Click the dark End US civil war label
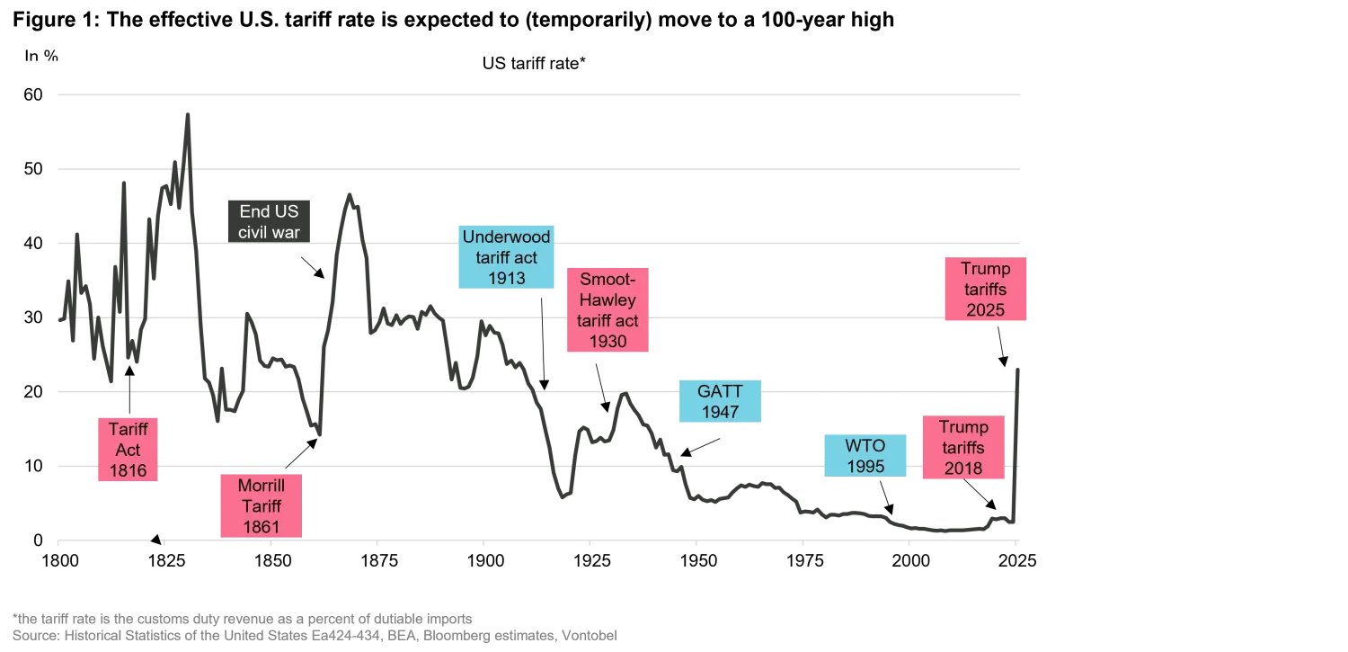click(x=269, y=221)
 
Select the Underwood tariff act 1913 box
click(x=507, y=257)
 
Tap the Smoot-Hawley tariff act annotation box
click(x=607, y=309)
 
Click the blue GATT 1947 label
click(x=720, y=401)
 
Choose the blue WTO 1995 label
click(x=865, y=456)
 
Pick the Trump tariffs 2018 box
click(x=962, y=447)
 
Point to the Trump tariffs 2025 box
click(x=985, y=290)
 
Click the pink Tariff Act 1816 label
click(x=127, y=450)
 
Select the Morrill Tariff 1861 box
click(x=260, y=505)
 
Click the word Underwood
click(x=507, y=237)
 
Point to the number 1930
click(x=607, y=341)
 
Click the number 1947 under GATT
click(x=720, y=413)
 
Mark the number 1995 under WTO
click(x=865, y=467)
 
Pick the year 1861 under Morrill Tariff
click(x=260, y=526)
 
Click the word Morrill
click(x=260, y=486)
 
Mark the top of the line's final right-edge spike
click(x=1018, y=367)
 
